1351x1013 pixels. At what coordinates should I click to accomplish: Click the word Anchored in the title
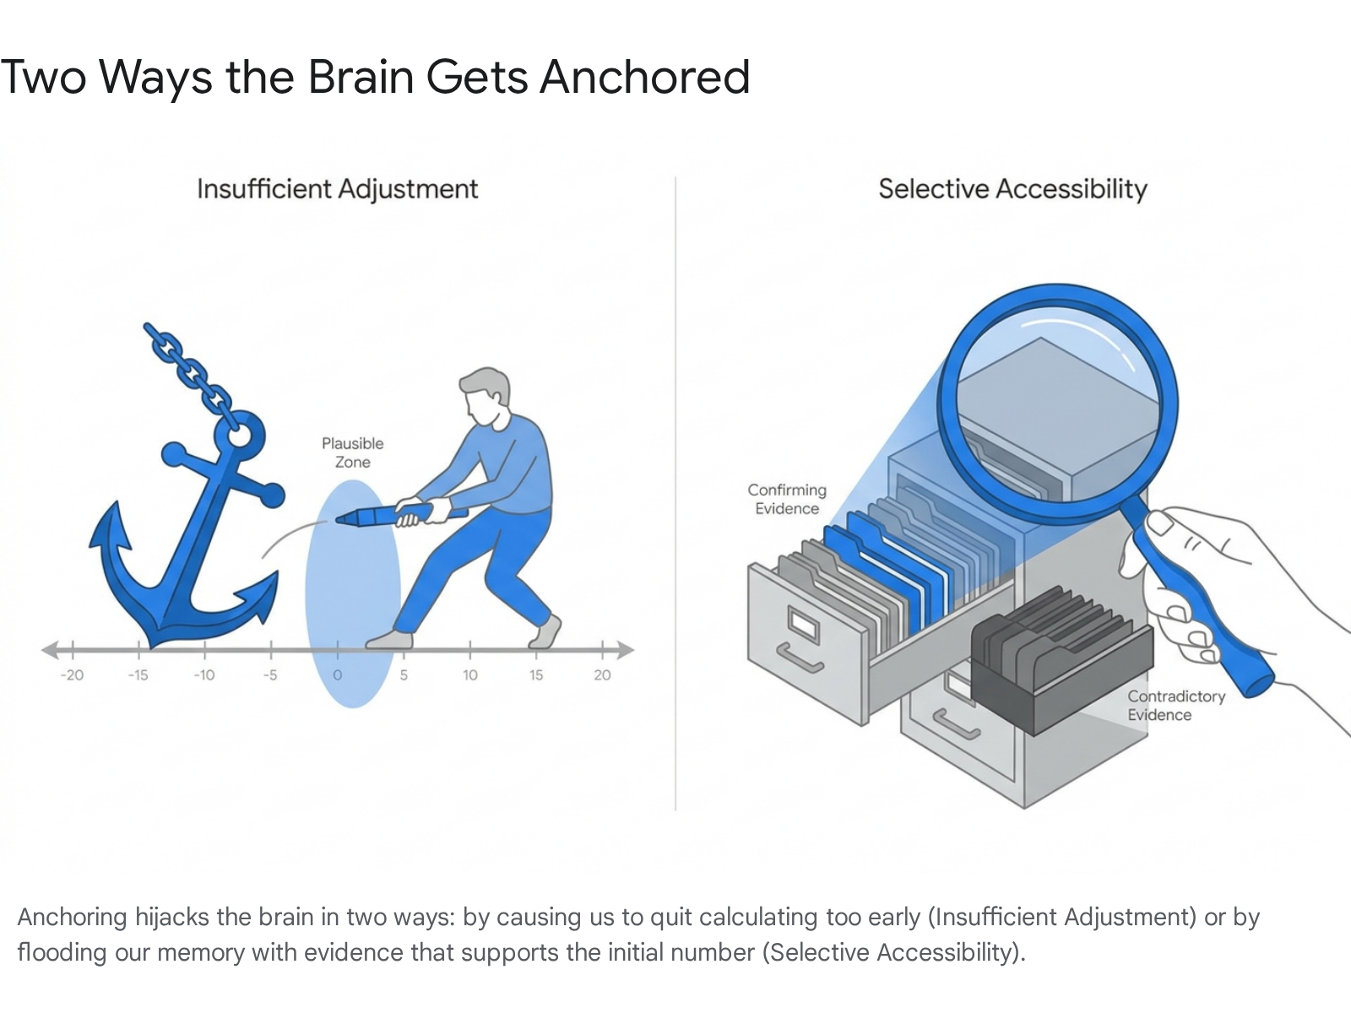[x=644, y=78]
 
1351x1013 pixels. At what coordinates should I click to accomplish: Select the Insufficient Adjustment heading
[x=337, y=189]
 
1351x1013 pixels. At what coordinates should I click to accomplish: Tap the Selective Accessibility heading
[x=1012, y=189]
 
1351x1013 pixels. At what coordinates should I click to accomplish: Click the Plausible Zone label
[x=353, y=452]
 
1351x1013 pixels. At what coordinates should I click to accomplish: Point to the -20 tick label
[x=72, y=674]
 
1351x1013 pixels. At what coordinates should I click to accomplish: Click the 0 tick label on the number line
[x=337, y=674]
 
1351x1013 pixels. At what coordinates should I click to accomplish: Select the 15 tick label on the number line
[x=536, y=674]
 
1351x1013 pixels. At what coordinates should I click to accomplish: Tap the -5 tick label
[x=270, y=674]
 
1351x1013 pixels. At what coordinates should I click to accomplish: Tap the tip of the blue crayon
[x=337, y=520]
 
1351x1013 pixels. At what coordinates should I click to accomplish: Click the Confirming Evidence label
[x=787, y=499]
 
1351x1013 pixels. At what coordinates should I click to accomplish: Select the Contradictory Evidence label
[x=1176, y=706]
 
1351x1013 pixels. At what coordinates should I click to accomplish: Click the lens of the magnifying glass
[x=1057, y=404]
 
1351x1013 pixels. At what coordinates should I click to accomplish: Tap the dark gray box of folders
[x=1061, y=661]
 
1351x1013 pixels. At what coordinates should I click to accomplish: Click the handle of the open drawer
[x=799, y=658]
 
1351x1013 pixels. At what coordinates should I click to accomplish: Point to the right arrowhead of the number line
[x=626, y=650]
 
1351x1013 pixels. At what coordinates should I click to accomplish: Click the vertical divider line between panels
[x=675, y=494]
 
